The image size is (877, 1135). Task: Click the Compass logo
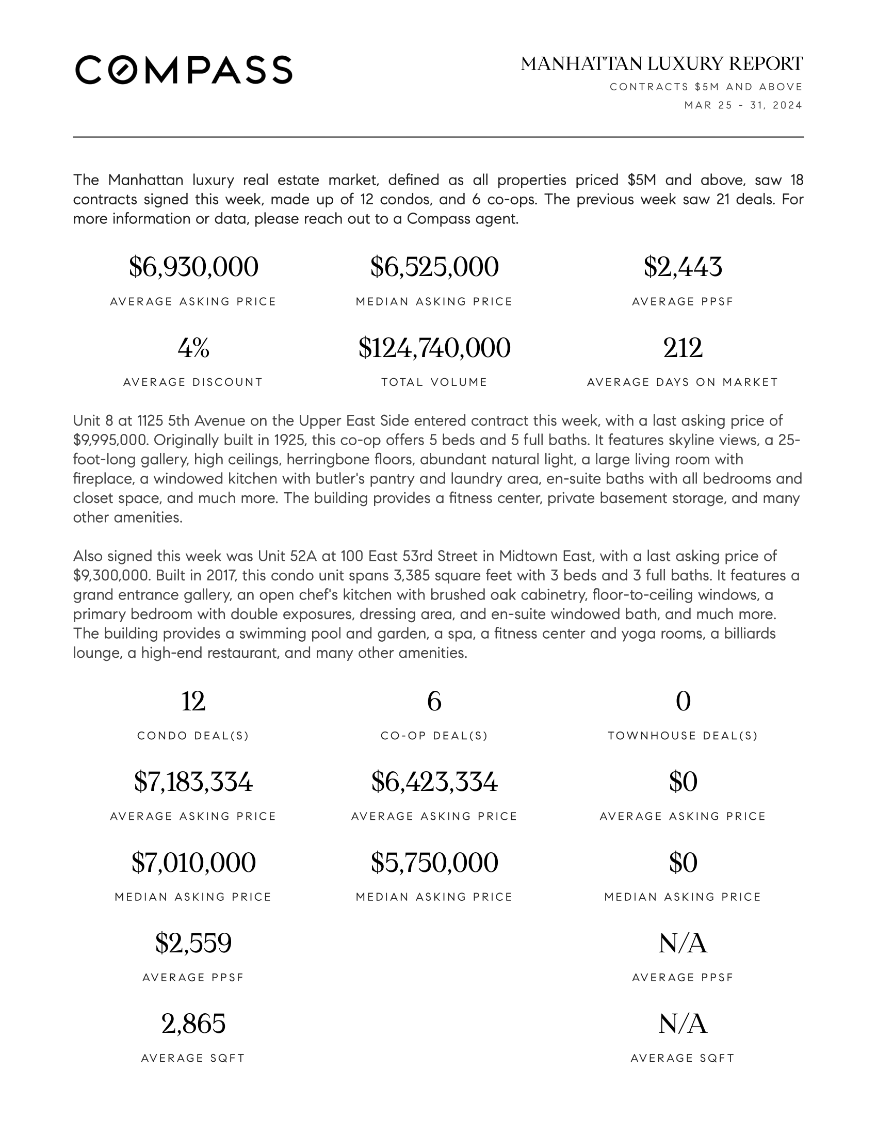(184, 70)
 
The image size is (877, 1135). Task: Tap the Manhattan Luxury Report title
(661, 64)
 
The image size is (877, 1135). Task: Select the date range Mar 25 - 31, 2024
(743, 105)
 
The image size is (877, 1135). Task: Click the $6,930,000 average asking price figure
(193, 267)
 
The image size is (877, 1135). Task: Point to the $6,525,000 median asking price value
(434, 267)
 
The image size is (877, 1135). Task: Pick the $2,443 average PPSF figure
(683, 267)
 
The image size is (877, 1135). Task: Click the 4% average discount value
(193, 348)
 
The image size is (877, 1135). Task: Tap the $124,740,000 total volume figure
(434, 348)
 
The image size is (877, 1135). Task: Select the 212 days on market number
(683, 348)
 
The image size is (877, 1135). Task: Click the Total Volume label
(434, 382)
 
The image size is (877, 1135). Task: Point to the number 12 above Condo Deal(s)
(193, 701)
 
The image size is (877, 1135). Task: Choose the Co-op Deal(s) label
(434, 736)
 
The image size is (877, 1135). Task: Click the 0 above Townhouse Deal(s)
(683, 701)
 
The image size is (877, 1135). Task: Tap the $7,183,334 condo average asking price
(193, 782)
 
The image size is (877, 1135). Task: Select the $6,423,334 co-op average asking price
(434, 782)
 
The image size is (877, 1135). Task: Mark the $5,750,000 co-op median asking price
(434, 862)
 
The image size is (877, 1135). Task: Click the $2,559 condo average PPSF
(193, 943)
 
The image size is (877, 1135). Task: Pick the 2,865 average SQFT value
(193, 1024)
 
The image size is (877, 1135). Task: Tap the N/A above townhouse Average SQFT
(683, 1024)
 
